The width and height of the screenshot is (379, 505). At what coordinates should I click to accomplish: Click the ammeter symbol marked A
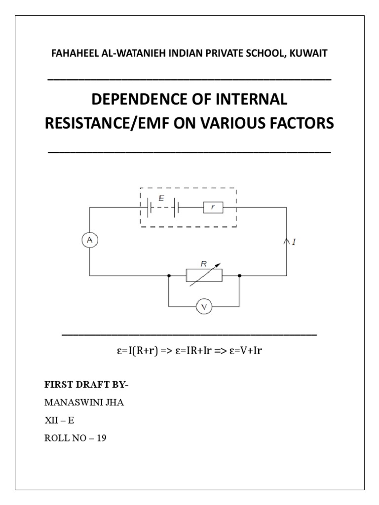point(89,240)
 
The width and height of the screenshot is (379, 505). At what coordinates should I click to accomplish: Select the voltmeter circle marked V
point(204,307)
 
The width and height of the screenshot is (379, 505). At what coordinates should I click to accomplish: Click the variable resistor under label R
point(204,275)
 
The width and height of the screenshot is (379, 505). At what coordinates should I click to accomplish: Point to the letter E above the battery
point(161,198)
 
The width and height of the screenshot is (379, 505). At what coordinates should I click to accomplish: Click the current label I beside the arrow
point(294,243)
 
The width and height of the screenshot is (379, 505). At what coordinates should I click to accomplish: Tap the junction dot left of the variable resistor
point(169,275)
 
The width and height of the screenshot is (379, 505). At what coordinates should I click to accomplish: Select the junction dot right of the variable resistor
point(239,275)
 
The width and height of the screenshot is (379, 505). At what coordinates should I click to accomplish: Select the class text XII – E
point(59,420)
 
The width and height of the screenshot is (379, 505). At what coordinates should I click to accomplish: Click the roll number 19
point(101,437)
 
